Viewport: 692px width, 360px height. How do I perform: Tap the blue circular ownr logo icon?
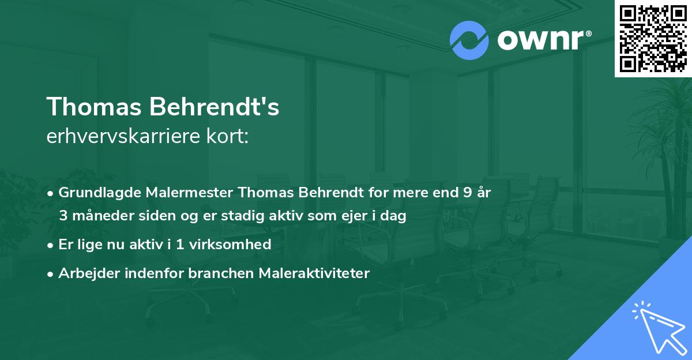(x=469, y=40)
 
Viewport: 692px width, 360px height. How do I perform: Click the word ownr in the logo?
(x=540, y=40)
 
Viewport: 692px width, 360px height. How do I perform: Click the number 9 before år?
(x=467, y=193)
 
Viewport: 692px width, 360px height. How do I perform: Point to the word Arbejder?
(x=85, y=273)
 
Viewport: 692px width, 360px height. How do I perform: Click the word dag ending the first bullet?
(x=396, y=217)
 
